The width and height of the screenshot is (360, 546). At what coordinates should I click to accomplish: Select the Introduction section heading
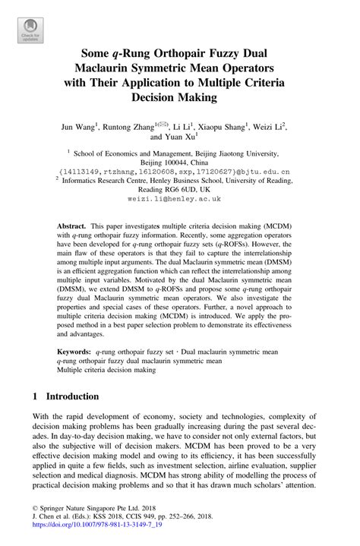point(72,396)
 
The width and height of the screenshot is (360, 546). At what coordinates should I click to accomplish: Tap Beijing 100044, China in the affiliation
point(179,162)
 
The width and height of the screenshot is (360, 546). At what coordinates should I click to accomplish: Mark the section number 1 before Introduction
point(35,396)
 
